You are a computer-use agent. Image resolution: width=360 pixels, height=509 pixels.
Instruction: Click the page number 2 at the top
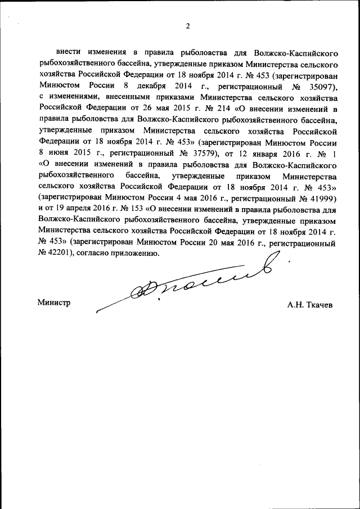pyautogui.click(x=188, y=25)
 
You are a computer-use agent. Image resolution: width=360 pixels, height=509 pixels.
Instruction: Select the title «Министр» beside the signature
pyautogui.click(x=54, y=302)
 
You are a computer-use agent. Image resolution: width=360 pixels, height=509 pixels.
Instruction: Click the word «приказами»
pyautogui.click(x=169, y=98)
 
